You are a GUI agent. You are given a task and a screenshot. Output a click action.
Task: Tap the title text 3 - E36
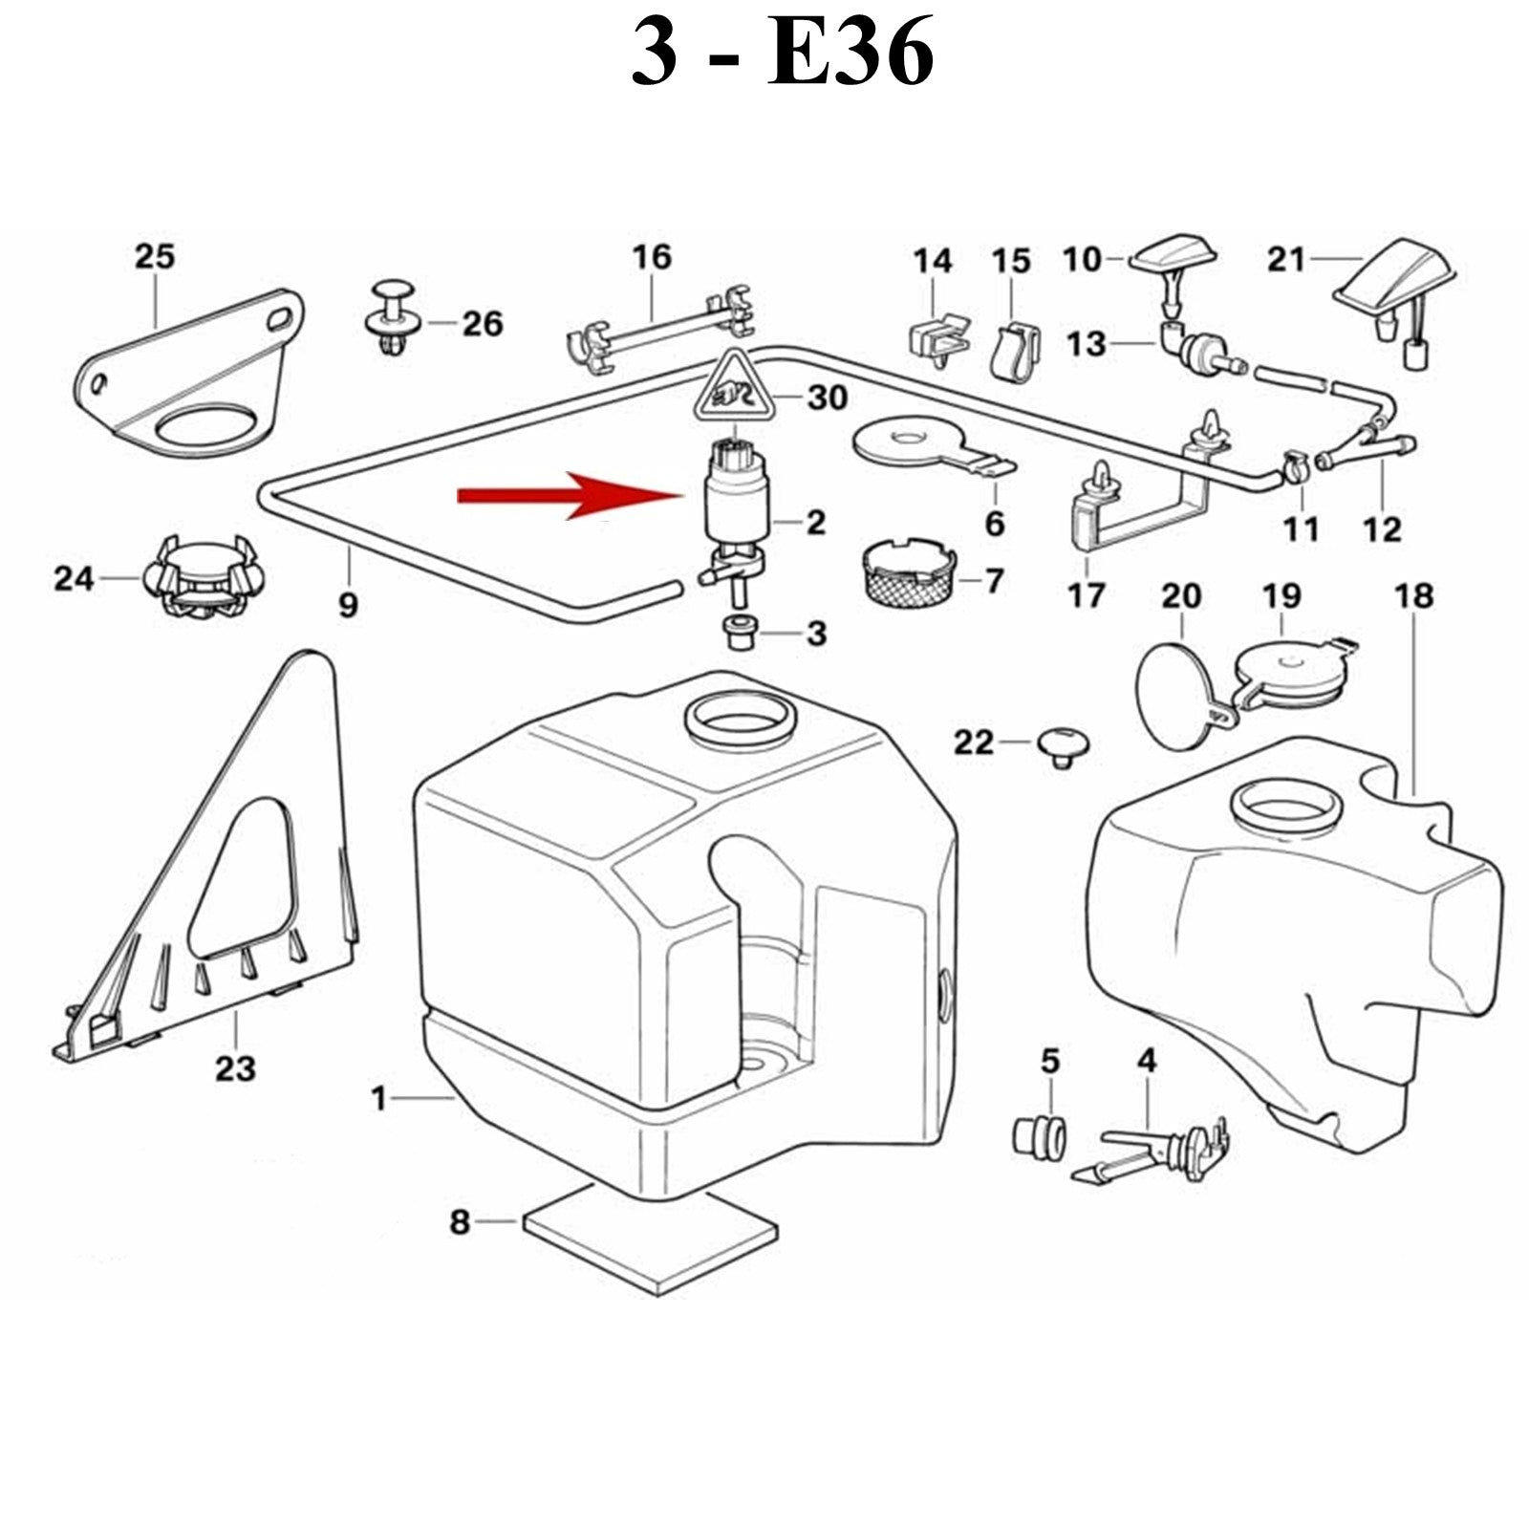(782, 54)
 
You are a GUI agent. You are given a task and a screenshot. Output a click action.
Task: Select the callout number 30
(827, 397)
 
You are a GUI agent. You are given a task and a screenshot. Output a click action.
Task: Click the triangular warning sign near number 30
(734, 387)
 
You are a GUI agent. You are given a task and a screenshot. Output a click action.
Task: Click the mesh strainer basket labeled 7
(903, 573)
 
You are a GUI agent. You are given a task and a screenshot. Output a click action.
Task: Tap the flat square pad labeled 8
(650, 1238)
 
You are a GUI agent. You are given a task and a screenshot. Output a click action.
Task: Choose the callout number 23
(235, 1067)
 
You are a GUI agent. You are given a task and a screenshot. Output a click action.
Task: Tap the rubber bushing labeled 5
(1039, 1136)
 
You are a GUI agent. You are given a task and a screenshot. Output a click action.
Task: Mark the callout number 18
(1413, 595)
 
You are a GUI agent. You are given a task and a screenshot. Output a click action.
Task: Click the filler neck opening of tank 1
(741, 719)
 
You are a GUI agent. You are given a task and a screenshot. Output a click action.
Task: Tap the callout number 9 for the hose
(348, 604)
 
